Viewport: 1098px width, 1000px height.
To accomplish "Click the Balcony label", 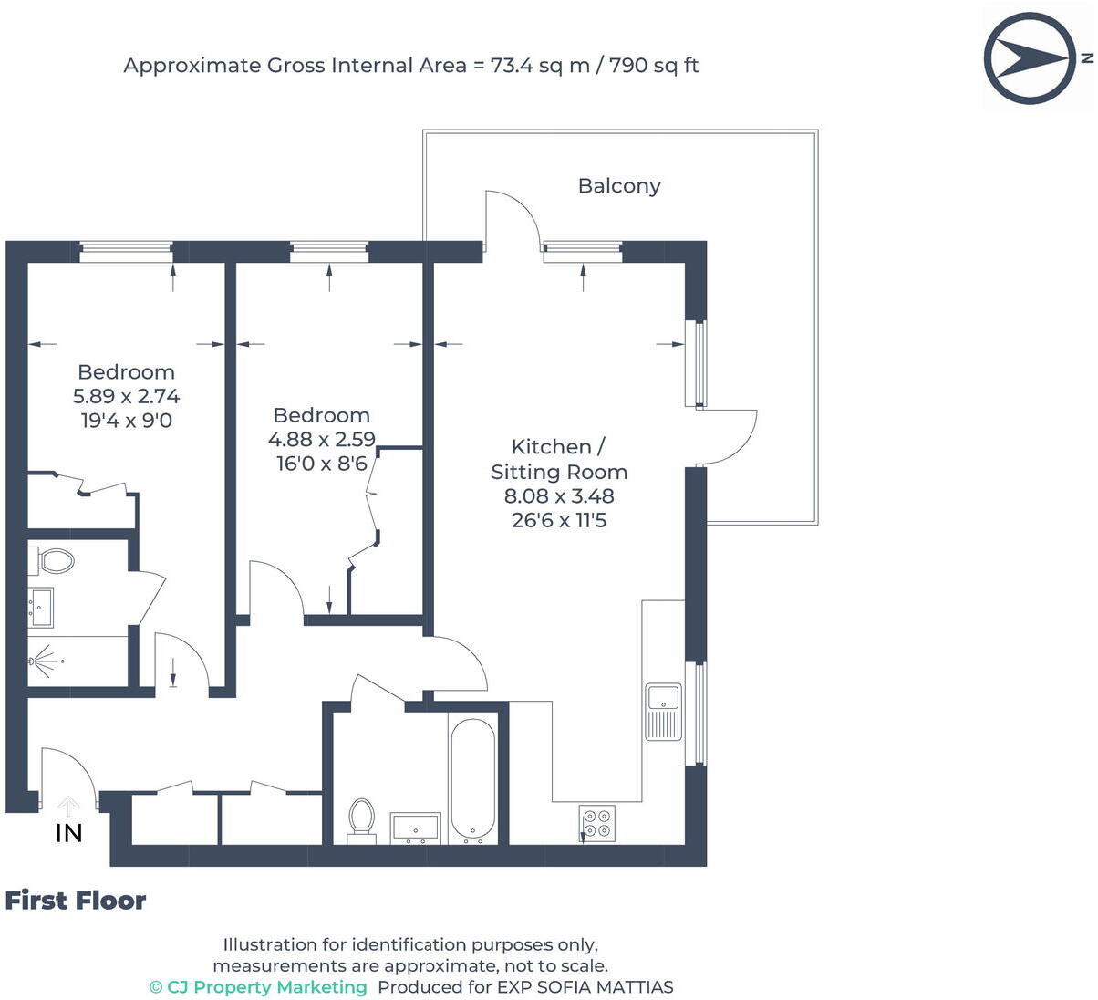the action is point(619,186).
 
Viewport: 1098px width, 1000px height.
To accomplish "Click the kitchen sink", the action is point(663,712).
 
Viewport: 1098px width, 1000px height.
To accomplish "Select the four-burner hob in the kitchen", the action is point(597,823).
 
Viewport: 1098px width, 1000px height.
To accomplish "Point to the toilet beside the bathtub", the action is point(361,820).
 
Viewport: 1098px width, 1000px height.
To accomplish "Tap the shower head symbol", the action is point(45,661).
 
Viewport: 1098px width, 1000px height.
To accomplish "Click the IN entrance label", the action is point(69,833).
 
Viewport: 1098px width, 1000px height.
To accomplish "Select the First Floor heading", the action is point(76,901).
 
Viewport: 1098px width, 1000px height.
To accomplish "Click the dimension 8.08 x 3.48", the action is point(559,496).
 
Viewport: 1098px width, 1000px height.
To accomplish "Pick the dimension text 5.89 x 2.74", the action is point(127,396).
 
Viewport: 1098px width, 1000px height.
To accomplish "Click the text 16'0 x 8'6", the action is point(322,464).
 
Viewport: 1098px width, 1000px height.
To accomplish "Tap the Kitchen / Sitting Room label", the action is point(559,460).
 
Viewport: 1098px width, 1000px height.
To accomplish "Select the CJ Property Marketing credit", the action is point(258,987).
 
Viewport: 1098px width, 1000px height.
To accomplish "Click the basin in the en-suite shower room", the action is point(41,608).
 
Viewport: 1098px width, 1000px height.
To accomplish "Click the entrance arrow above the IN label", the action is point(67,807).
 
